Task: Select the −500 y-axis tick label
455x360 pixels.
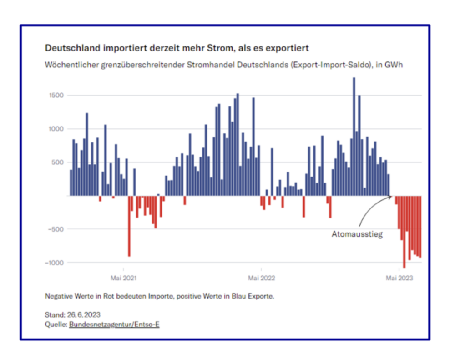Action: tap(56, 229)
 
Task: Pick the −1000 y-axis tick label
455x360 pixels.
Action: tap(55, 263)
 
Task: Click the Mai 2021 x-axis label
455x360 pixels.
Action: tap(123, 278)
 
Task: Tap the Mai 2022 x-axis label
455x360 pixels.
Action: tap(261, 278)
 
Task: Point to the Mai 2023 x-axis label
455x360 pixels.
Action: tap(399, 278)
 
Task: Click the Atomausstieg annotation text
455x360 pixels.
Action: tap(357, 234)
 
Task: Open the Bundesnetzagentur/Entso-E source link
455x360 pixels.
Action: tap(114, 325)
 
